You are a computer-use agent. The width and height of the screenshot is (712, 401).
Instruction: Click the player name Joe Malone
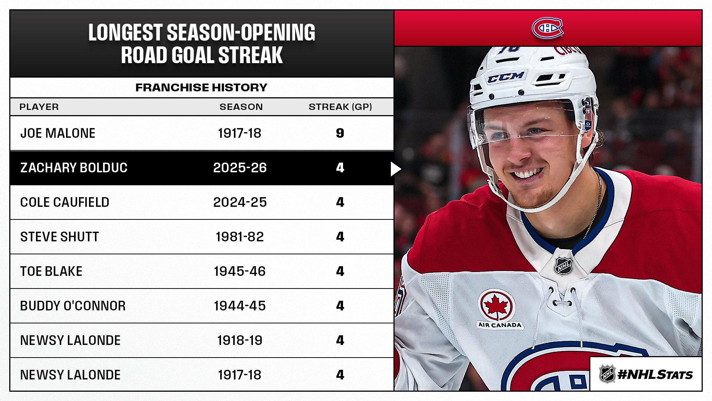click(x=58, y=133)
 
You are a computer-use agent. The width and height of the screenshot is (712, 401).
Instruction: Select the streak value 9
click(x=340, y=133)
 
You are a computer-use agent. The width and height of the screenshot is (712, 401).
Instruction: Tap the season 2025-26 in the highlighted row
click(x=240, y=168)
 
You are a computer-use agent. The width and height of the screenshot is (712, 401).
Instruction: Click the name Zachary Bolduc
click(x=74, y=168)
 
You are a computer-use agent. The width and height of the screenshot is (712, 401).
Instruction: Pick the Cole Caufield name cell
click(x=65, y=202)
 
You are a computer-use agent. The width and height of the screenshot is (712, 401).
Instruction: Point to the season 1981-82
click(x=240, y=237)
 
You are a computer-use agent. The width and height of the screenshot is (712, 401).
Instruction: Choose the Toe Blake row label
click(x=52, y=271)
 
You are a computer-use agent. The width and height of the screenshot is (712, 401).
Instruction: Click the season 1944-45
click(x=240, y=306)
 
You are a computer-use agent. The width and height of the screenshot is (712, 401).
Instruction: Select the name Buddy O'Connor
click(x=73, y=306)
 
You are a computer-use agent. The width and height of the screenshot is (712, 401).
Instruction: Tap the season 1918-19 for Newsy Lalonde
click(x=240, y=340)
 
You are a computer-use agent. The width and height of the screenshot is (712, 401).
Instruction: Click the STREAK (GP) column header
click(x=340, y=107)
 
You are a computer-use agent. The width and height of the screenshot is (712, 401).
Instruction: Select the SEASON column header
click(x=241, y=107)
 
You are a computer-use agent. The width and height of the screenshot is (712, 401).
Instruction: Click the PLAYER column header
click(x=39, y=107)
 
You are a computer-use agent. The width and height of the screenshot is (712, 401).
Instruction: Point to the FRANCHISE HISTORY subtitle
click(x=201, y=88)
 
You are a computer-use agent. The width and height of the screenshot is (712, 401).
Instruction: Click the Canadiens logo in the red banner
click(x=547, y=28)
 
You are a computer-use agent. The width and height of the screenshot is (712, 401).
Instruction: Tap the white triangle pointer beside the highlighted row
click(x=395, y=169)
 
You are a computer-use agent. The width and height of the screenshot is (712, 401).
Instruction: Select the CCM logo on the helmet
click(x=505, y=77)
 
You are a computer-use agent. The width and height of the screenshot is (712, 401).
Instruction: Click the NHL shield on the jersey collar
click(x=563, y=266)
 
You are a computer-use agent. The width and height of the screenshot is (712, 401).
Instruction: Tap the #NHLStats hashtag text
click(x=655, y=375)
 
